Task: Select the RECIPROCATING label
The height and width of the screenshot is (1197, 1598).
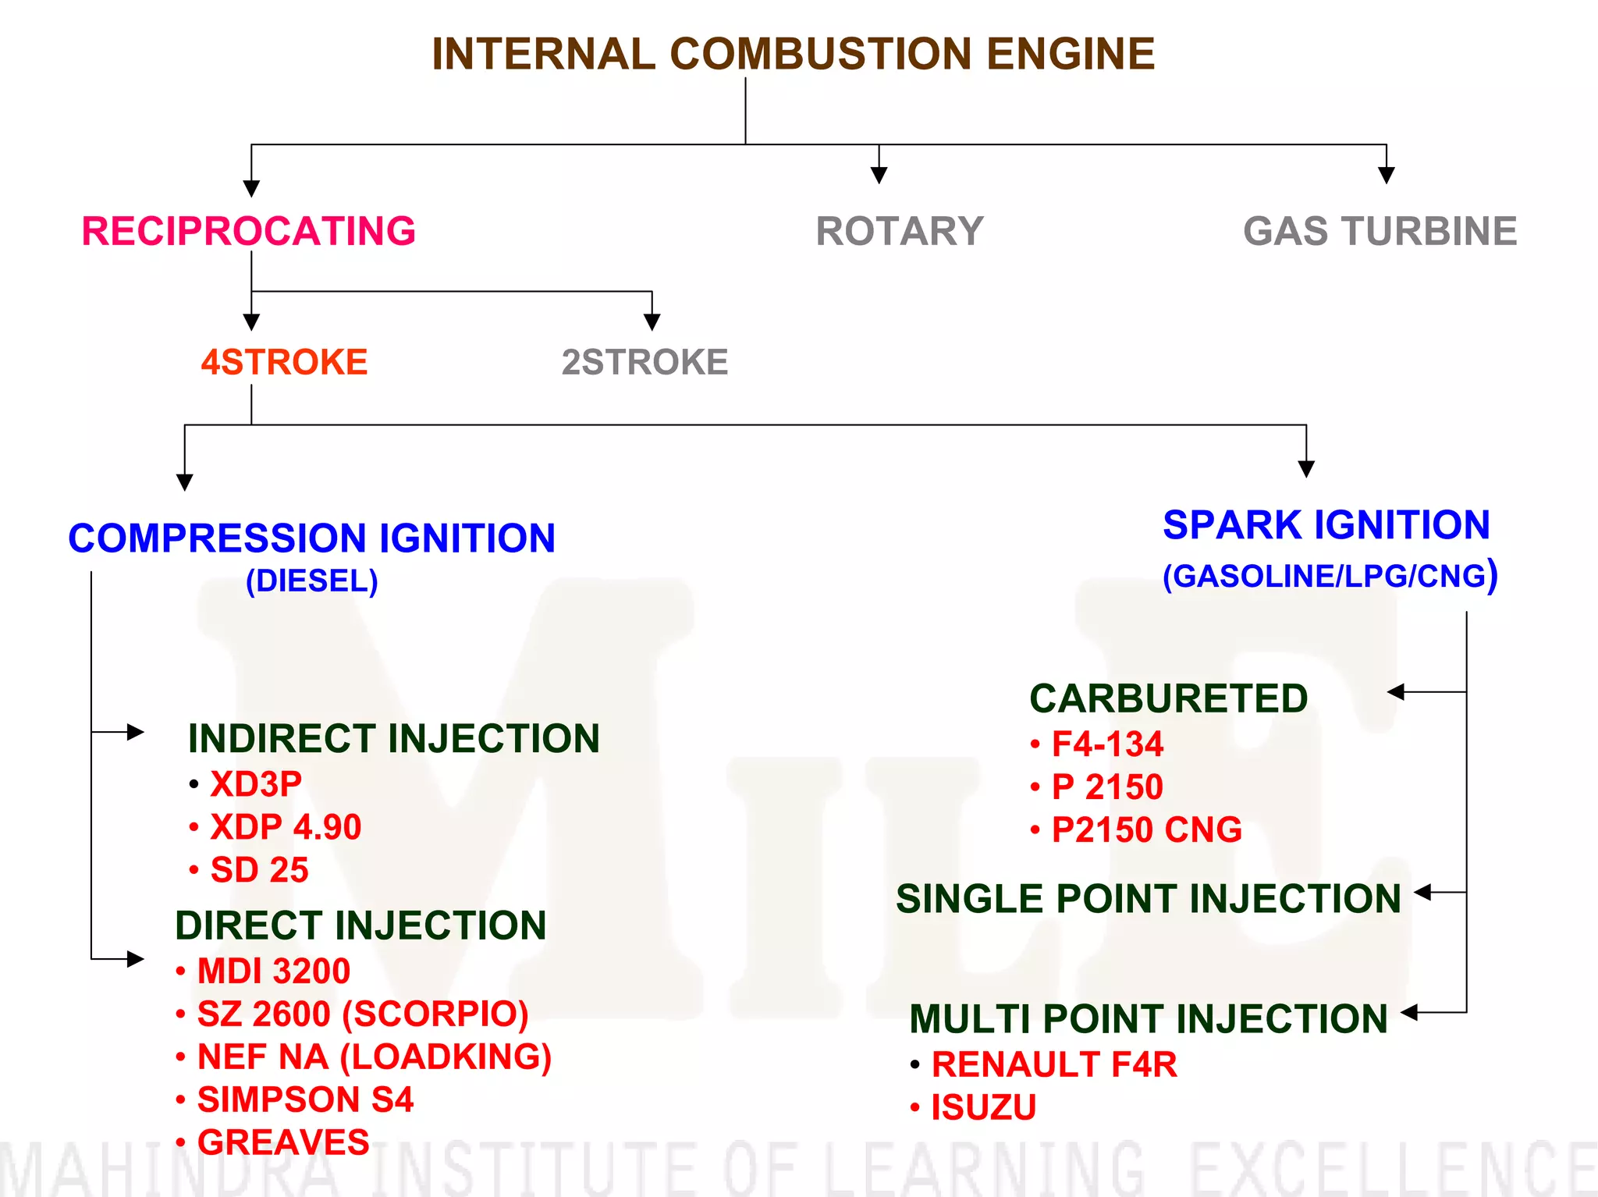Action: click(248, 231)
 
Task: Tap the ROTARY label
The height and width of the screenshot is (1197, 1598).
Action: click(899, 231)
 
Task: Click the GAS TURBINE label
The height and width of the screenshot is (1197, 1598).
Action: click(1380, 231)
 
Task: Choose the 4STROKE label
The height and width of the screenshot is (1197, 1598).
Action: click(284, 362)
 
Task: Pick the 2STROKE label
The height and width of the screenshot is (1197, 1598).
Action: click(645, 362)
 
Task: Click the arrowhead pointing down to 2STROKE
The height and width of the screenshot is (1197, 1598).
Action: click(652, 321)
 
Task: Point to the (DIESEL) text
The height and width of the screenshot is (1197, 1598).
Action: click(311, 581)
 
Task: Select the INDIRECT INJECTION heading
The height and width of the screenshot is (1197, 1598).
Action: click(393, 738)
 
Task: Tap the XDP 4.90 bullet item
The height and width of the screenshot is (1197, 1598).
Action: click(286, 827)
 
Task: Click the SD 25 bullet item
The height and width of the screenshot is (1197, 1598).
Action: click(259, 870)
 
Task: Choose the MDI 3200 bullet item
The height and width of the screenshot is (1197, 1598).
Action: click(273, 971)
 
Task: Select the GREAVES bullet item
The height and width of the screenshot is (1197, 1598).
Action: click(282, 1142)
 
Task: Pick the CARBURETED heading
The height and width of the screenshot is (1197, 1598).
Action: click(1168, 698)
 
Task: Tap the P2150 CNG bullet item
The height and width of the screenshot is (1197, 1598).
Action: click(1146, 829)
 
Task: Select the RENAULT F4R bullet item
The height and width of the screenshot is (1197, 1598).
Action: click(1053, 1064)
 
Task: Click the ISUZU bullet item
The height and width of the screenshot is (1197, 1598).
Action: click(983, 1107)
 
